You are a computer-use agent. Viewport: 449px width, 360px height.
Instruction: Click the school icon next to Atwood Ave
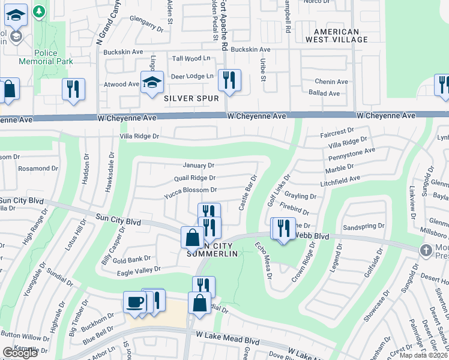tap(152, 82)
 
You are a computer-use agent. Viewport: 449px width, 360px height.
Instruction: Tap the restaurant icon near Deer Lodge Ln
tap(229, 80)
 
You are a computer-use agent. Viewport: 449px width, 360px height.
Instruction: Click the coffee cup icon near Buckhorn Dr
tap(134, 301)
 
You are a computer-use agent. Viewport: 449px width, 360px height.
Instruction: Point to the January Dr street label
tap(198, 165)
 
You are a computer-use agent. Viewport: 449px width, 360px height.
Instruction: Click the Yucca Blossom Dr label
tap(190, 190)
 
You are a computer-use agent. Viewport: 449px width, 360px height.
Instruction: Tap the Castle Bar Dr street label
tap(248, 193)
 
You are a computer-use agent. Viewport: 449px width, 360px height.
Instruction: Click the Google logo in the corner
tap(20, 353)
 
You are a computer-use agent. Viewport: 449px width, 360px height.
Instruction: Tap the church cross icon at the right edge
tap(426, 250)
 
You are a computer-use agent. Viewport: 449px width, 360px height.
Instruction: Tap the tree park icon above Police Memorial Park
tap(39, 12)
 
